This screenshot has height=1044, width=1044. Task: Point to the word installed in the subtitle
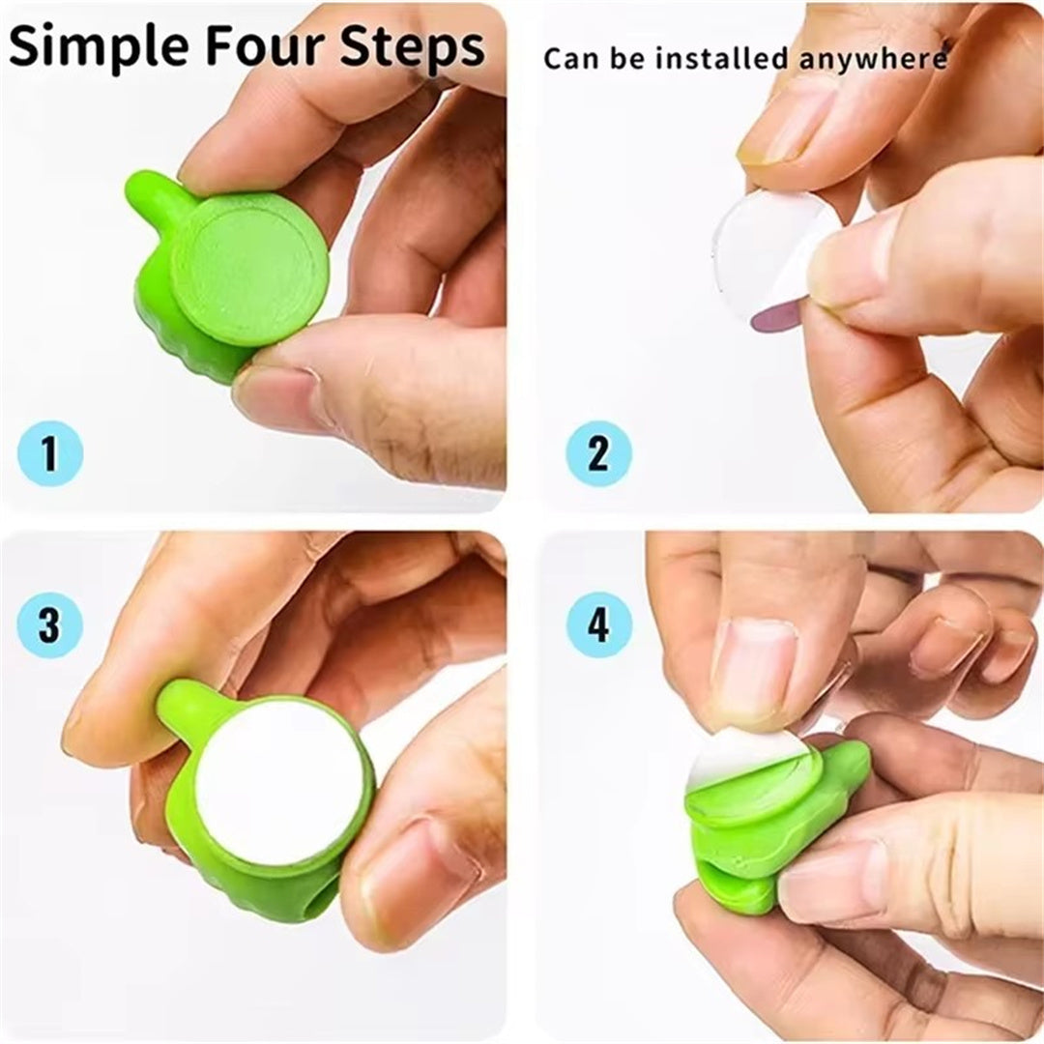click(x=723, y=58)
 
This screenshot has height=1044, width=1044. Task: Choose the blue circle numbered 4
click(x=598, y=624)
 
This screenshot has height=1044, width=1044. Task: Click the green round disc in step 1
click(x=249, y=268)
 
